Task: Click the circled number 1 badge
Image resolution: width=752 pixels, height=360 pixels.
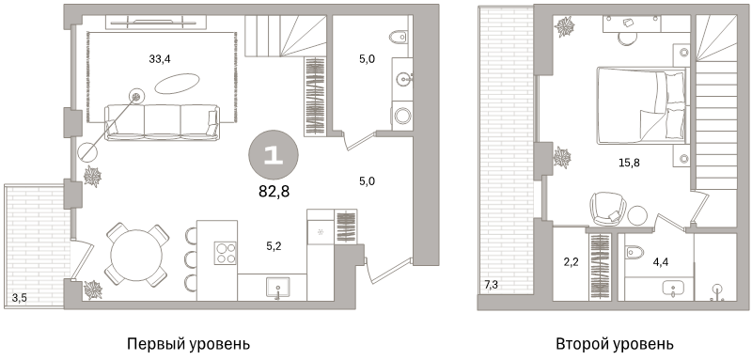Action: (273, 156)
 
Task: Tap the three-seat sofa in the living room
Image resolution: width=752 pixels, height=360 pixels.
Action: (161, 122)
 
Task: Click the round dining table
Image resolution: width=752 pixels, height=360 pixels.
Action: (136, 254)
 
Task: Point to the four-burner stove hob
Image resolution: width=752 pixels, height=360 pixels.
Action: (226, 252)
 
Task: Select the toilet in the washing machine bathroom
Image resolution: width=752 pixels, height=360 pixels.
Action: (399, 38)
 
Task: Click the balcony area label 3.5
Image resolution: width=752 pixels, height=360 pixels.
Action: (19, 299)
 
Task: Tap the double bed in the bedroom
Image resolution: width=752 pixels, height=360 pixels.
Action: (640, 104)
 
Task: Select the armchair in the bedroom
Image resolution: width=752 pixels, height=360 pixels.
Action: (606, 208)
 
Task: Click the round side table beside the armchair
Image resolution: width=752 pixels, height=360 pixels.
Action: (638, 215)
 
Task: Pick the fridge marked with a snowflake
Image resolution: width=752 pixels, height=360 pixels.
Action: (320, 229)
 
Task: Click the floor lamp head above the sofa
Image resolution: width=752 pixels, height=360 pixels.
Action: (136, 96)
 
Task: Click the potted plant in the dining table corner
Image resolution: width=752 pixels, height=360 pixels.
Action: (93, 289)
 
